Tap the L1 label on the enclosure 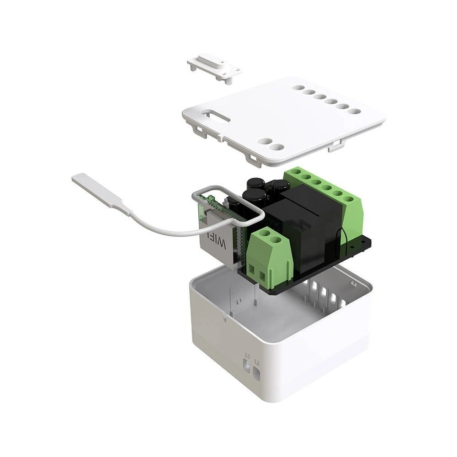coord(247,355)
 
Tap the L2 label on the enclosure coord(257,363)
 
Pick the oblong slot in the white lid coord(217,115)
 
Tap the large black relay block coord(302,228)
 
